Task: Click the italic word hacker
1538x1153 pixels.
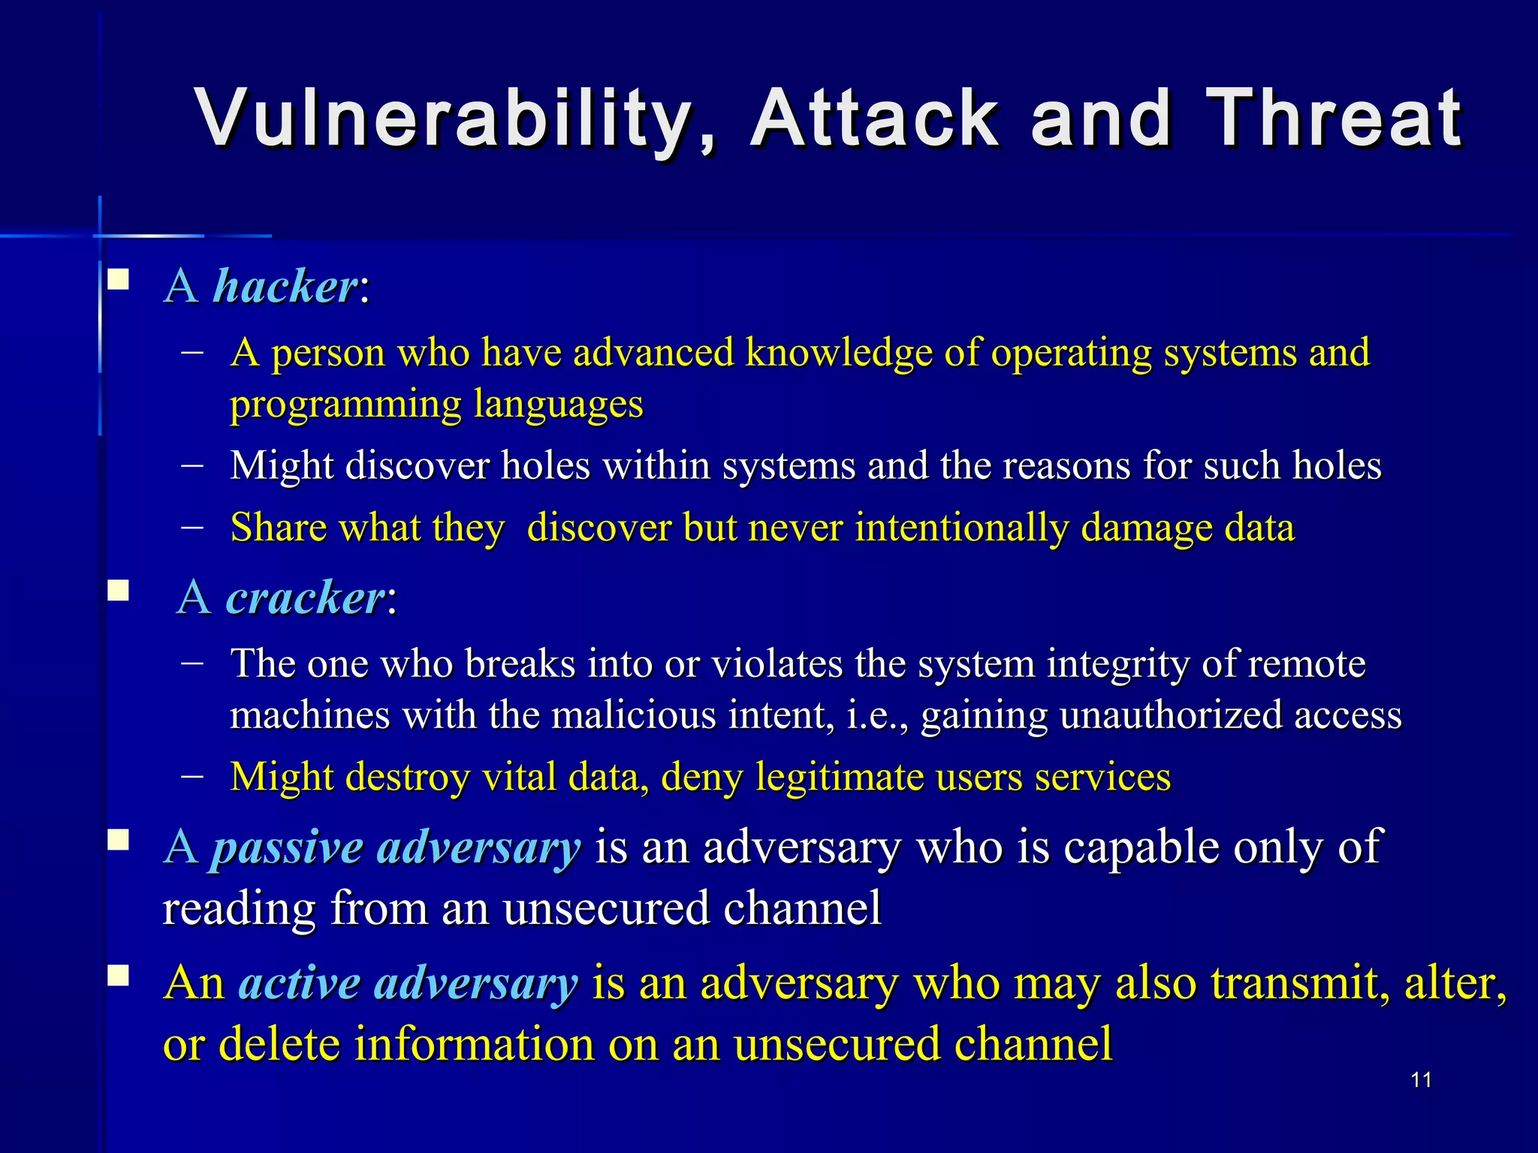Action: click(286, 287)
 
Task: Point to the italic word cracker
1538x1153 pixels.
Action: click(306, 598)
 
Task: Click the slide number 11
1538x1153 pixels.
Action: click(1421, 1080)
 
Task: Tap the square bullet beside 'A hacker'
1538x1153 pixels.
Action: click(118, 281)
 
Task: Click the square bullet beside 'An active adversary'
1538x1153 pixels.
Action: click(118, 975)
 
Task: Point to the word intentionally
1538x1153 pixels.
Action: click(962, 527)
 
